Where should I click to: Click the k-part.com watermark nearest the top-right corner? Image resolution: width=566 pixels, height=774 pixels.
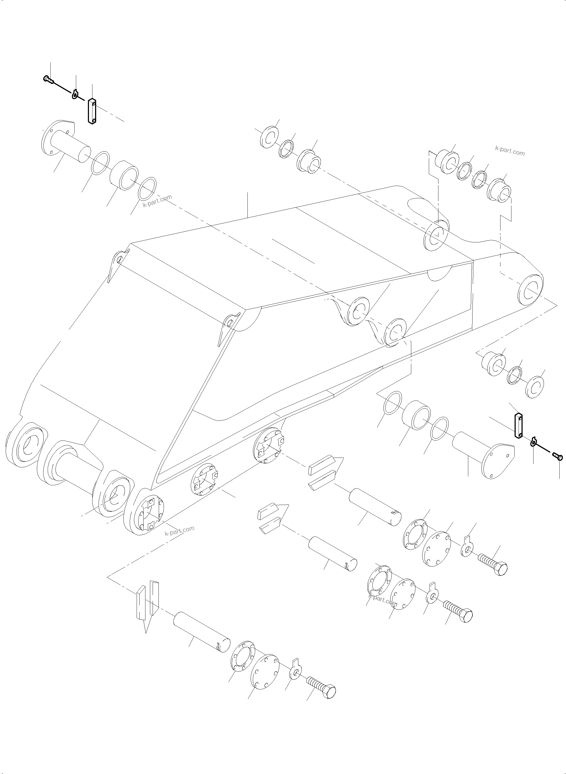(x=510, y=151)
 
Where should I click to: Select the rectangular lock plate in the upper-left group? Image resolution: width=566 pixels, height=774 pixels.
(x=91, y=111)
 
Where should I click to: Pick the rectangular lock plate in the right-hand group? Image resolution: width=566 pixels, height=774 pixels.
(x=518, y=426)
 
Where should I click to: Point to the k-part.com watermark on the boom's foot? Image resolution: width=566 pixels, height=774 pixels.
(x=180, y=540)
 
